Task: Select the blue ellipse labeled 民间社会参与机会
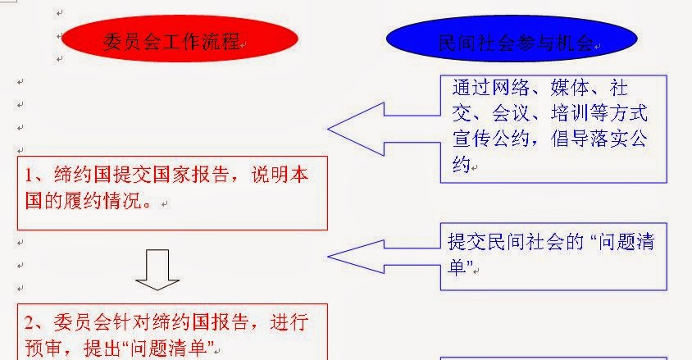click(513, 42)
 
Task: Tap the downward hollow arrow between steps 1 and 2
click(157, 271)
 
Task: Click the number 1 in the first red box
click(30, 175)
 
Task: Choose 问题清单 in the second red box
click(176, 348)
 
